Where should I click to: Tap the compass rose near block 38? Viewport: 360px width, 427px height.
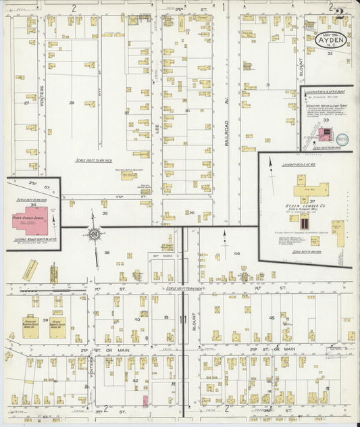click(x=94, y=234)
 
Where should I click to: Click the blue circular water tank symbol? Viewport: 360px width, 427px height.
click(x=342, y=139)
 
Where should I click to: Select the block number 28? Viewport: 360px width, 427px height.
click(x=72, y=103)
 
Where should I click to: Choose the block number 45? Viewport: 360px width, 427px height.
click(x=272, y=317)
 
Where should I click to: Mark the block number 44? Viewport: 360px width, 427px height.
click(x=236, y=253)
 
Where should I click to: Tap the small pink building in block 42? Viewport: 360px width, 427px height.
click(x=145, y=401)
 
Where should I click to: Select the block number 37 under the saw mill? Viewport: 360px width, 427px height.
click(x=312, y=201)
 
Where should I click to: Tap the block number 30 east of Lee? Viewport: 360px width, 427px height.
click(x=186, y=110)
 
